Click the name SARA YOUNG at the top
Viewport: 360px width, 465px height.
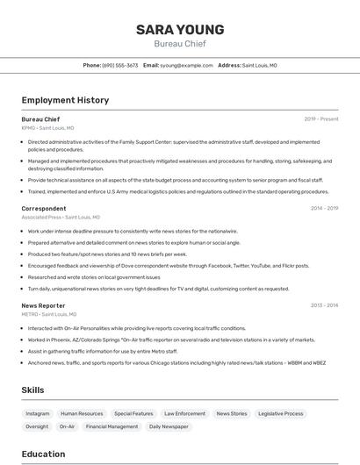pos(180,30)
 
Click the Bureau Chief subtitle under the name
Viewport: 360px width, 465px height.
pos(180,44)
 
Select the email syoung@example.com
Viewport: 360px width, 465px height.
pos(186,65)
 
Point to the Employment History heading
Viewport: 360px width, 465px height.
pos(65,100)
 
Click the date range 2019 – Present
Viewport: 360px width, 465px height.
pos(321,119)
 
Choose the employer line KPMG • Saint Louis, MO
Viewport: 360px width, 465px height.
pos(47,128)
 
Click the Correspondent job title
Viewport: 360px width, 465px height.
pos(44,209)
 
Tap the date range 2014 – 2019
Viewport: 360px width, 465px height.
pos(324,209)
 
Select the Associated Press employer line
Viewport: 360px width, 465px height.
pos(61,218)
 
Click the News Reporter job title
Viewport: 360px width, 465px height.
pos(43,305)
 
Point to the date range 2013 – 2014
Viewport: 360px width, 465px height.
pos(324,305)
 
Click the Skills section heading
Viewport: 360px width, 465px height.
pos(33,390)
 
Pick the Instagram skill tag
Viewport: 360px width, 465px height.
pos(38,413)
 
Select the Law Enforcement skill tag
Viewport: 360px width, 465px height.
pos(184,413)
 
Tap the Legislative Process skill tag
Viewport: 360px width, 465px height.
pos(281,413)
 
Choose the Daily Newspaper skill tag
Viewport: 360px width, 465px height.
pos(169,426)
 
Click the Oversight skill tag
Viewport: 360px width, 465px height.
pos(37,426)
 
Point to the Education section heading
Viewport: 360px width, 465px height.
pos(43,454)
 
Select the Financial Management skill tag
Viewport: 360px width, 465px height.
pos(112,426)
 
